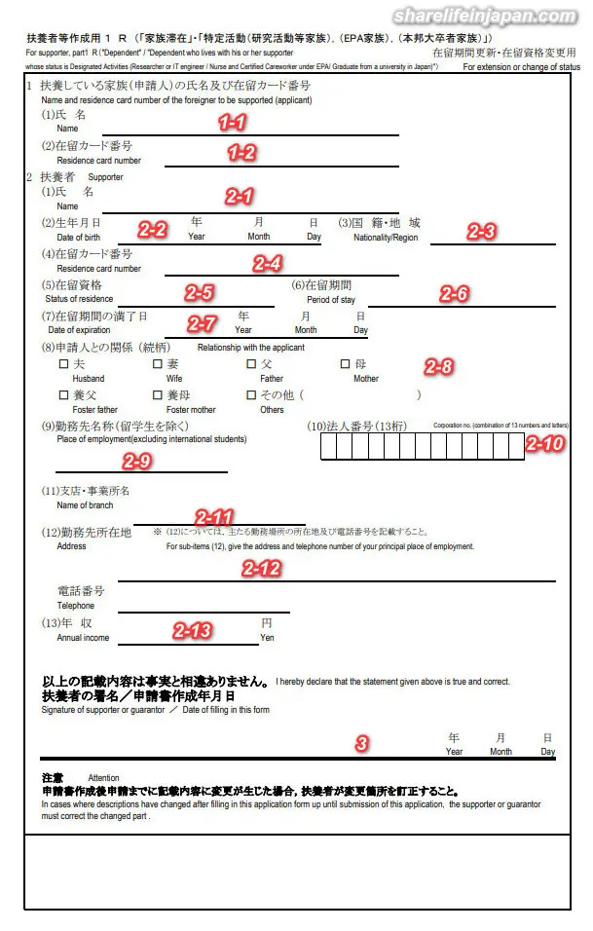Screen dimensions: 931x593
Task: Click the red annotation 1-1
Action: (x=232, y=123)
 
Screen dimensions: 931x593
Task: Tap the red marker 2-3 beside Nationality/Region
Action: (x=481, y=231)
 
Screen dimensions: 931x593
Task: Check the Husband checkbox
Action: (x=64, y=364)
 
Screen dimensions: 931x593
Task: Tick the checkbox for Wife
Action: (x=158, y=364)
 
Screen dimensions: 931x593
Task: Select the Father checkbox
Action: (x=251, y=364)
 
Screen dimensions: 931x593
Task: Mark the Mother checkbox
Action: (x=345, y=364)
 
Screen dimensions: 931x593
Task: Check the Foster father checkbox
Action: (x=64, y=395)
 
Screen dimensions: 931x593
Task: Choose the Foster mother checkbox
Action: (x=158, y=395)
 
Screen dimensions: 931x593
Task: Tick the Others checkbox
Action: (x=251, y=395)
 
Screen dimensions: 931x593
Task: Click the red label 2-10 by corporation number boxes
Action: (x=544, y=443)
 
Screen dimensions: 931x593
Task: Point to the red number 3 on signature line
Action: (x=362, y=743)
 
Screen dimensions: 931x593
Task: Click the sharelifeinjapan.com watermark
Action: (x=484, y=17)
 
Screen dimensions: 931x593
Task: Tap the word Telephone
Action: (x=76, y=606)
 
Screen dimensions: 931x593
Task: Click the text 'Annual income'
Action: (x=83, y=638)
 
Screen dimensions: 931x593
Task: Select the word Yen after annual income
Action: (x=267, y=638)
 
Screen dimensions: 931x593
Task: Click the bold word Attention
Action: (x=103, y=778)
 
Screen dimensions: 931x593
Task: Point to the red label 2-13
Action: (x=192, y=630)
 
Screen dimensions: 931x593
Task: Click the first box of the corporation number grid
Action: (x=327, y=445)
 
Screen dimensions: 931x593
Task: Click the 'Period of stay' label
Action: (x=331, y=300)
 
